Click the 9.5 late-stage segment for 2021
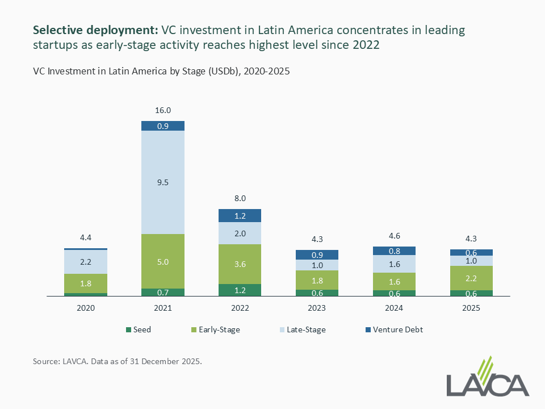click(x=163, y=182)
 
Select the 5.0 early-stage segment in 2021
click(x=163, y=261)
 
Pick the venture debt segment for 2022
click(x=240, y=216)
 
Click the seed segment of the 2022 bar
click(x=240, y=290)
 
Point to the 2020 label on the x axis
click(x=86, y=308)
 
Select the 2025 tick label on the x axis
click(x=471, y=308)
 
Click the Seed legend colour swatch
click(x=129, y=329)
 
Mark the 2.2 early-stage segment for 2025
click(x=471, y=278)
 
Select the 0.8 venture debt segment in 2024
click(x=394, y=251)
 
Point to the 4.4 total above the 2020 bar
click(x=86, y=239)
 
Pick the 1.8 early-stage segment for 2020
click(x=86, y=283)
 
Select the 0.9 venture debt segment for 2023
click(x=317, y=255)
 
